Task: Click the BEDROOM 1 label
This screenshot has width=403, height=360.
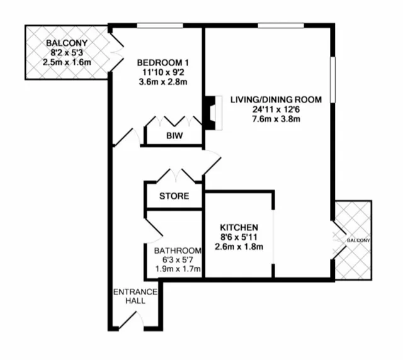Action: click(163, 63)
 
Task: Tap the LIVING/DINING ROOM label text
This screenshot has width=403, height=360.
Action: click(276, 99)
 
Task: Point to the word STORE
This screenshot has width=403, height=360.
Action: click(174, 196)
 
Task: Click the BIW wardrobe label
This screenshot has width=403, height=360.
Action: click(174, 135)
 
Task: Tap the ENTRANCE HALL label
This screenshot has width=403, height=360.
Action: click(130, 296)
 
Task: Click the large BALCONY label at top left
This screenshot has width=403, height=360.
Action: click(66, 43)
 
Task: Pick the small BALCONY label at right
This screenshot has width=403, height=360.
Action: click(356, 240)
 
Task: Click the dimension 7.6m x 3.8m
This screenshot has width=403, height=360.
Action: click(276, 118)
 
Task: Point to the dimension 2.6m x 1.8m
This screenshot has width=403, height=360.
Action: click(239, 246)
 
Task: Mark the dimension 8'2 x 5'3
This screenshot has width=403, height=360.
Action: click(66, 53)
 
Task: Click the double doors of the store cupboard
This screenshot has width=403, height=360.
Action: click(174, 175)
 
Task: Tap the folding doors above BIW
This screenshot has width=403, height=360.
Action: click(174, 121)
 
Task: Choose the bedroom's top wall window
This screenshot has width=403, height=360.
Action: click(157, 26)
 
